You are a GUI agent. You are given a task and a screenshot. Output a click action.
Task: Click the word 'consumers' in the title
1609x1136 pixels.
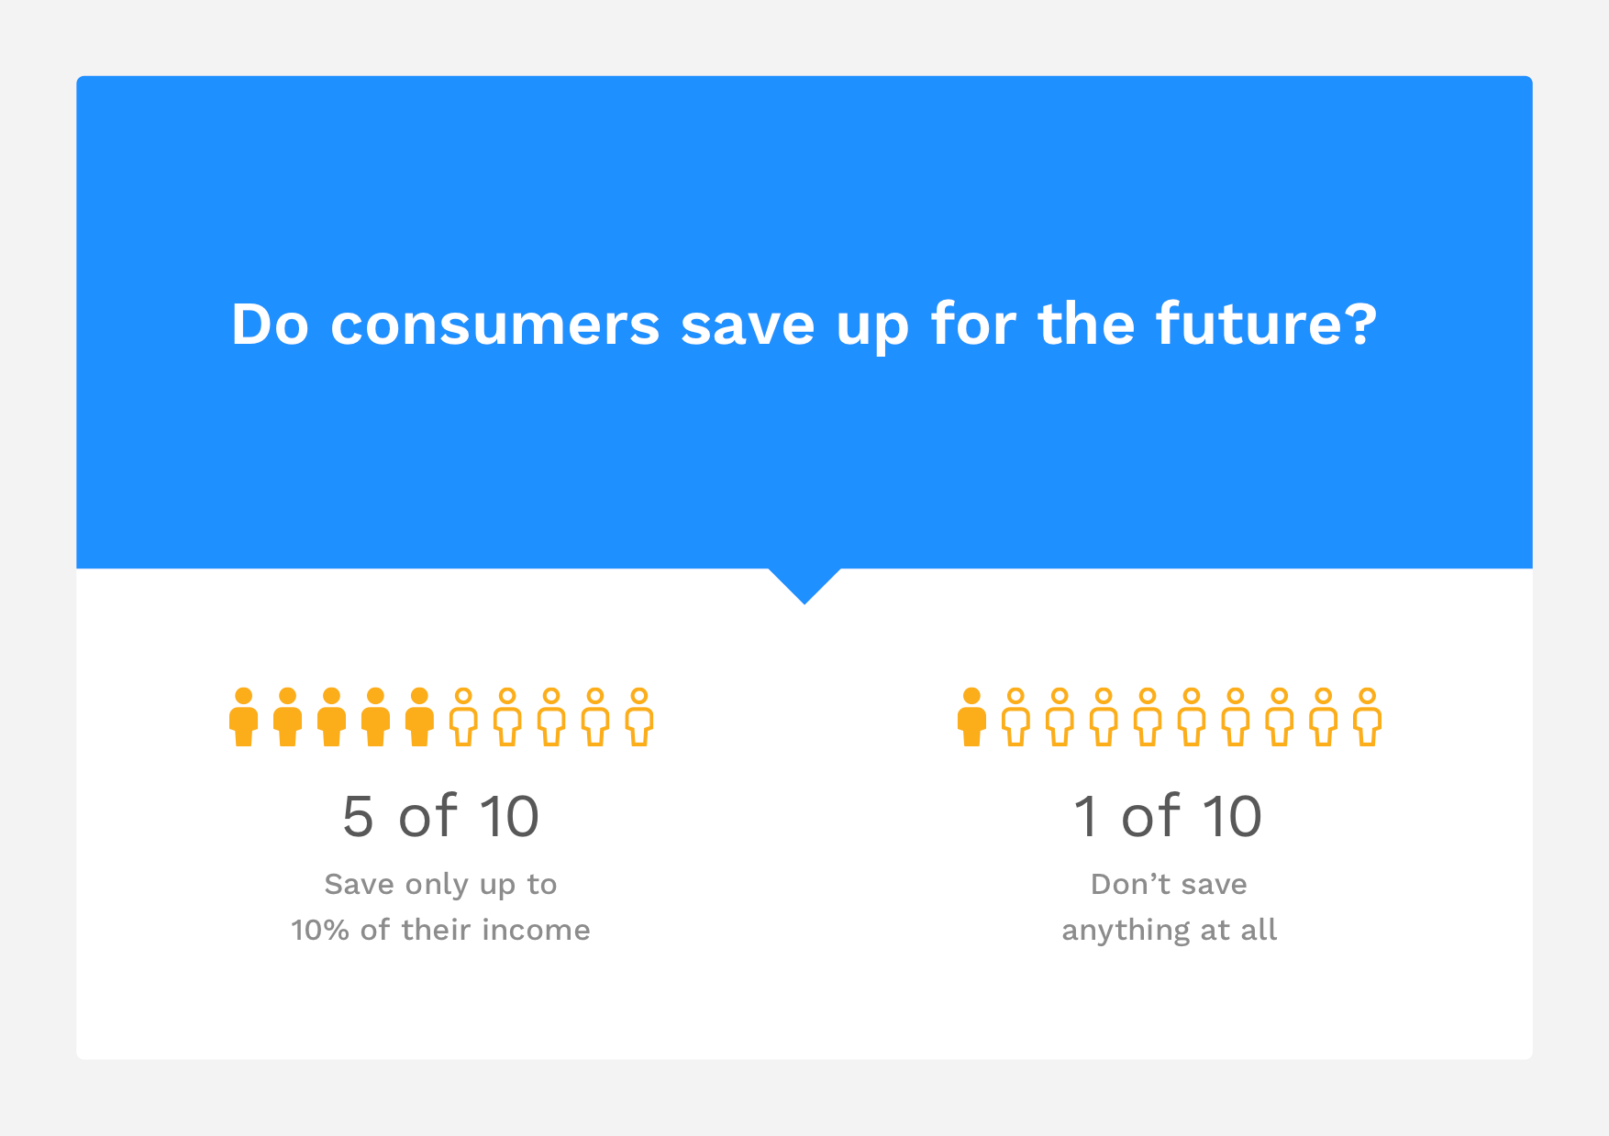(x=494, y=325)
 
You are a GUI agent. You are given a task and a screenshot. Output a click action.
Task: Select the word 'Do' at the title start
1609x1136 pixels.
(x=270, y=325)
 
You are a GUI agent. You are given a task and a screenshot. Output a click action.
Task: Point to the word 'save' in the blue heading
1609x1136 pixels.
(x=748, y=326)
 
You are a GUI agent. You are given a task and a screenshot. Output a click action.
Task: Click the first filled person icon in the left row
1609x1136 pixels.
(x=243, y=717)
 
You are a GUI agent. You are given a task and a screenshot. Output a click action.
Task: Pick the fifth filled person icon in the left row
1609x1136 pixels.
(x=419, y=717)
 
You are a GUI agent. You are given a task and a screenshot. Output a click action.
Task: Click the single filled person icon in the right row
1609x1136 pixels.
(x=971, y=717)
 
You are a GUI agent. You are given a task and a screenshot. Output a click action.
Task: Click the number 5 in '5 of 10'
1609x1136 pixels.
(x=358, y=816)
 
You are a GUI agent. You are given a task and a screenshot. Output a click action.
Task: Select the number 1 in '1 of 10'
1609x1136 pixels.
(x=1087, y=816)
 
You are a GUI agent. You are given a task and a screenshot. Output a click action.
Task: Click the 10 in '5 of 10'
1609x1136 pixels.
(x=509, y=816)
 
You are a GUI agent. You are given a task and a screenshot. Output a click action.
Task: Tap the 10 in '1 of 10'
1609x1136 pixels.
(x=1232, y=816)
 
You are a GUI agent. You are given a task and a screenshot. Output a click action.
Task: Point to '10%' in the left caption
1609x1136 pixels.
(x=320, y=930)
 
